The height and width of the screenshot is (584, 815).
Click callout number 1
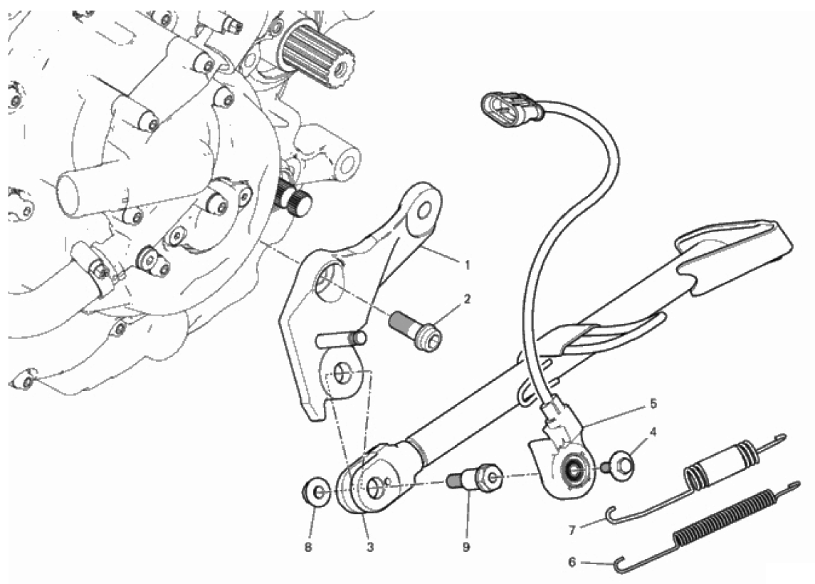467,265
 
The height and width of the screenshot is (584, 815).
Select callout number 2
467,299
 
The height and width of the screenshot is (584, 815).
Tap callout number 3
369,547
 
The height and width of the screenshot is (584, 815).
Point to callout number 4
653,432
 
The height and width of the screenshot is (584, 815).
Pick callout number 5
653,403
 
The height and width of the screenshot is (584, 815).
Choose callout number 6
572,562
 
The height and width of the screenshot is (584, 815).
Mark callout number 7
572,531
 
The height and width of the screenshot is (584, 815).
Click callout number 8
308,547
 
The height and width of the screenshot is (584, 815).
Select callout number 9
466,547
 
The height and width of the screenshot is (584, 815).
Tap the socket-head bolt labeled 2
415,330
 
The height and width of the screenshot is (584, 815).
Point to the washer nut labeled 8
315,492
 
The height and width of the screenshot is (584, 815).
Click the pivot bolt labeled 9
475,476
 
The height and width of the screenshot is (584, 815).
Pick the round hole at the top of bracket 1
425,211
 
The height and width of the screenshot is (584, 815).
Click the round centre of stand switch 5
574,470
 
